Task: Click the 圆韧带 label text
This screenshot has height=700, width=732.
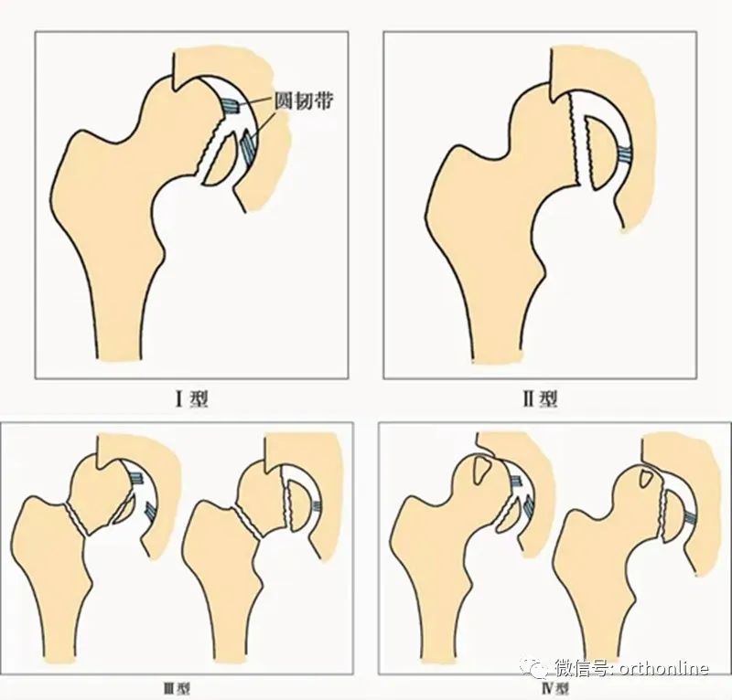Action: pyautogui.click(x=304, y=100)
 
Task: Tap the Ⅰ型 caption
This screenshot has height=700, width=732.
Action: pyautogui.click(x=191, y=398)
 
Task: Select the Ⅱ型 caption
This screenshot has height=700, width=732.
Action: pyautogui.click(x=540, y=398)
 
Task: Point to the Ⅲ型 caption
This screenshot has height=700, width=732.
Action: pyautogui.click(x=177, y=689)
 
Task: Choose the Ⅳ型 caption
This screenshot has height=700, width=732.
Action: pyautogui.click(x=555, y=689)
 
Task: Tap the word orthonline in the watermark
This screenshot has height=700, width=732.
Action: pyautogui.click(x=664, y=668)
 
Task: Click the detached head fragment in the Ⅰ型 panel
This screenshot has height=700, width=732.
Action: pyautogui.click(x=220, y=160)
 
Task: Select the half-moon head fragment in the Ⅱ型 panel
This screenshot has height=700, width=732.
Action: pyautogui.click(x=602, y=153)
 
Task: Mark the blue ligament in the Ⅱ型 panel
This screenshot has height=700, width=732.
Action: pyautogui.click(x=625, y=154)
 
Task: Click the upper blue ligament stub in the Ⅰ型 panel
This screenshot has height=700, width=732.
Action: pyautogui.click(x=230, y=106)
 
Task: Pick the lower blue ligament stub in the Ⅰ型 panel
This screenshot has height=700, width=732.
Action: pyautogui.click(x=247, y=147)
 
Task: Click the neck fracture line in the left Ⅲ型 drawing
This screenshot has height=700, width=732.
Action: pyautogui.click(x=77, y=520)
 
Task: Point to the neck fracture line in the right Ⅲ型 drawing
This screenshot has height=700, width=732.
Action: pyautogui.click(x=246, y=524)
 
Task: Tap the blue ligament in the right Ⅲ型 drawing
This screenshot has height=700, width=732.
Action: pyautogui.click(x=317, y=506)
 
